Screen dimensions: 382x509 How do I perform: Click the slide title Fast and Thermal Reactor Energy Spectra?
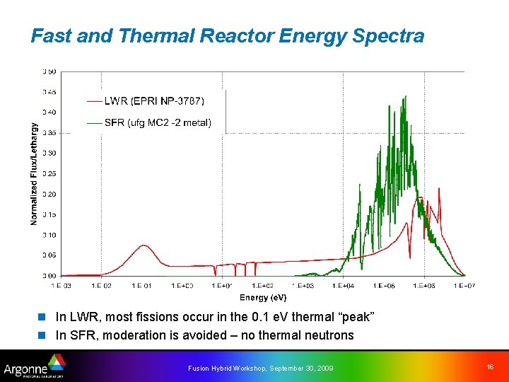[x=227, y=35]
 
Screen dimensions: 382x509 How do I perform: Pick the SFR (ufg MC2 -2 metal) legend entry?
[x=157, y=122]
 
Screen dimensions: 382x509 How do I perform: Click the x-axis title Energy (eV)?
[x=263, y=298]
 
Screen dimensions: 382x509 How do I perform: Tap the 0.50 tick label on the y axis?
[x=49, y=71]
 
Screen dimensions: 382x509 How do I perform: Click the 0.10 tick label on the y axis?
[x=49, y=235]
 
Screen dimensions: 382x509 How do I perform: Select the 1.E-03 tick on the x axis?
[x=62, y=286]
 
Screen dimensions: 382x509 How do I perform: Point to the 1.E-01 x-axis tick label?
[x=141, y=286]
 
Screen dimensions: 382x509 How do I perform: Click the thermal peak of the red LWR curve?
[x=144, y=245]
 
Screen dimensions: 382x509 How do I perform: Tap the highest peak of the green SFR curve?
[x=405, y=97]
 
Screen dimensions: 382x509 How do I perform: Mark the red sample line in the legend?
[x=93, y=100]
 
